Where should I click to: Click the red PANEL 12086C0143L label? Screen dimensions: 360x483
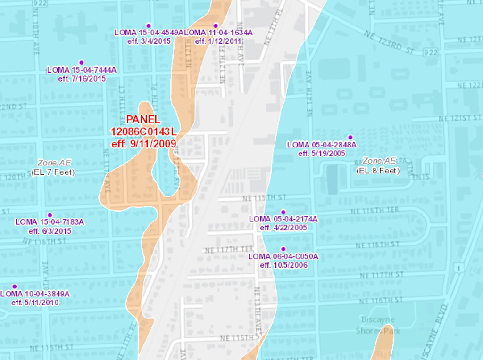pos(144,131)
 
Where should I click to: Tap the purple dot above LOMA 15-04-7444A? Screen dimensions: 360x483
pos(81,62)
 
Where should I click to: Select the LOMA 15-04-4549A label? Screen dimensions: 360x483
pos(149,33)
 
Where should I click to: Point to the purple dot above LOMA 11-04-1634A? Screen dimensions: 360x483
pos(216,25)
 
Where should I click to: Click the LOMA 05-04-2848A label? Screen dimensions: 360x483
pos(321,145)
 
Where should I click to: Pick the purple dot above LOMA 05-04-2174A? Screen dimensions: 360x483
pos(283,212)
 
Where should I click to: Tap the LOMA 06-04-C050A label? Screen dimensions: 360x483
pos(283,256)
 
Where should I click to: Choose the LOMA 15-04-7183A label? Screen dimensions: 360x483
pos(50,222)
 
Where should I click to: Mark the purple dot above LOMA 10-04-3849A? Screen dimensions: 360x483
pos(14,286)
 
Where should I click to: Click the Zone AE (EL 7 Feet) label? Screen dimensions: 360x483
pos(53,167)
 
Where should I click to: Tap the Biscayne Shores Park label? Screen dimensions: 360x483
pos(378,325)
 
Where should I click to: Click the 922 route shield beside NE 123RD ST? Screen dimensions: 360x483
pos(430,52)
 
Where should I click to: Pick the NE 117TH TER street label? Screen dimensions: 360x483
pos(229,249)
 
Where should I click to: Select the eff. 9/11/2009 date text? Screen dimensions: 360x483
pos(144,143)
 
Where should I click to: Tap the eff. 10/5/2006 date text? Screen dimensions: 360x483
pos(283,265)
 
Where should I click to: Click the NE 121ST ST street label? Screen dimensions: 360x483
pos(460,118)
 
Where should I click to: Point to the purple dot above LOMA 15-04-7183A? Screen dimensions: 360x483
pos(50,215)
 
